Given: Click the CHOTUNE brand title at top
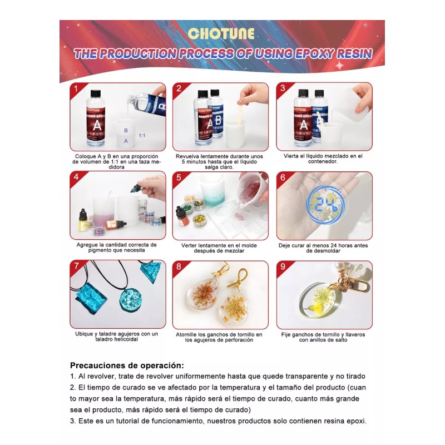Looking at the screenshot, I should pos(222,33).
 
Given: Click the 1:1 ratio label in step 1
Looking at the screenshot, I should pos(142,135).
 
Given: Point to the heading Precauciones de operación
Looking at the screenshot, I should pos(126,365).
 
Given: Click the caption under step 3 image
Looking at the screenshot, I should pos(324,159).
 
